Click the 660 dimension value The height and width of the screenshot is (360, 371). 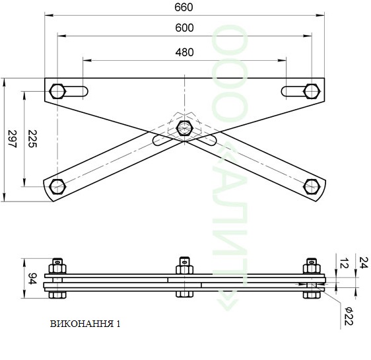pos(184,7)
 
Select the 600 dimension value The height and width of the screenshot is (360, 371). pos(184,28)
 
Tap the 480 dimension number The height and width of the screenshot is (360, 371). pos(184,52)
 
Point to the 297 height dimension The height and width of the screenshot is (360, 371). pos(13,139)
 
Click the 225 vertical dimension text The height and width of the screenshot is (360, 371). pos(32,139)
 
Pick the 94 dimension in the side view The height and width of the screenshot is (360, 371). pos(32,279)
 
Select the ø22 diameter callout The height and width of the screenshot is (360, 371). pos(349,316)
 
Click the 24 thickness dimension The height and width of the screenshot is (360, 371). pos(364,263)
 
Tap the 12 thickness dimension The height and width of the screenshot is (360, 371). pos(344,264)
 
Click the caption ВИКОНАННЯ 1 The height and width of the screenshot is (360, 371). pos(85,324)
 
